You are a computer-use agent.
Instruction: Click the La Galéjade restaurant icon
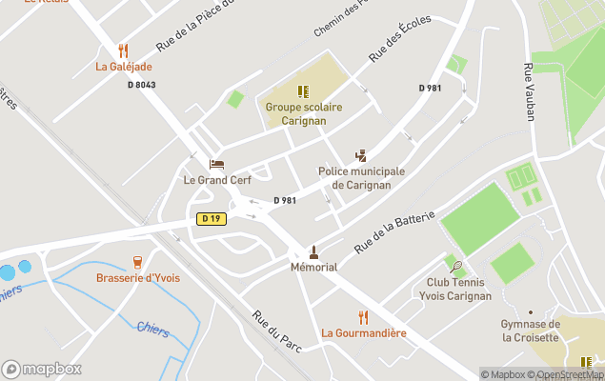[x=123, y=50]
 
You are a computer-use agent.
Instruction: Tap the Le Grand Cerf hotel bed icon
[x=216, y=165]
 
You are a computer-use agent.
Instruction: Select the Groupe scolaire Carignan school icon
[x=303, y=91]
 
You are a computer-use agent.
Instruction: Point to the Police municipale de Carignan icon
[x=361, y=155]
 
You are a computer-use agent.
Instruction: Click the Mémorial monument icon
[x=313, y=252]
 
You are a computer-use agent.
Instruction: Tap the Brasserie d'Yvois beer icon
[x=138, y=262]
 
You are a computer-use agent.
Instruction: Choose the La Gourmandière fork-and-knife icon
[x=363, y=317]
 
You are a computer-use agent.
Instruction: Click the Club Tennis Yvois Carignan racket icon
[x=459, y=267]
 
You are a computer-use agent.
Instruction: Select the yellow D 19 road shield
[x=211, y=219]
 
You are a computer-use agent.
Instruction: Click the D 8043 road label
[x=141, y=85]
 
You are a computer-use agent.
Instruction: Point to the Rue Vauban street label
[x=529, y=91]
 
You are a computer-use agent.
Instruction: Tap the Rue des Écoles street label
[x=400, y=39]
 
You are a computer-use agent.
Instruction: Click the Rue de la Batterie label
[x=394, y=230]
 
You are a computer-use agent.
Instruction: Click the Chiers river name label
[x=152, y=330]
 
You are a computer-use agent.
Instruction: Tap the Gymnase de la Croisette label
[x=531, y=331]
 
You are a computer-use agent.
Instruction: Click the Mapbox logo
[x=41, y=369]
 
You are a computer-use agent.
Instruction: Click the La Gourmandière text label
[x=363, y=333]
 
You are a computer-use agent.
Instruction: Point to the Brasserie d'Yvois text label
[x=138, y=278]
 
